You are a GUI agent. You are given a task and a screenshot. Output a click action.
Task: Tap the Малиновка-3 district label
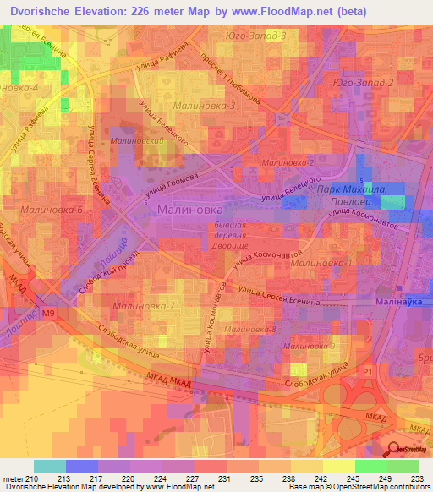[x=204, y=106]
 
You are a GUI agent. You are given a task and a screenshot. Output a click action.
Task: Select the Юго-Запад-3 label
[x=257, y=36]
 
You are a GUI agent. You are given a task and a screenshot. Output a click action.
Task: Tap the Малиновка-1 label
[x=321, y=264]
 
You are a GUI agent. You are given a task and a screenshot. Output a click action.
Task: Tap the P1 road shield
[x=367, y=370]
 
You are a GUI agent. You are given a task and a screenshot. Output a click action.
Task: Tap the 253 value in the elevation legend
[x=417, y=478]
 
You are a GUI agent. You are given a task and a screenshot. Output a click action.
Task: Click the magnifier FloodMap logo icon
[x=397, y=449]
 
